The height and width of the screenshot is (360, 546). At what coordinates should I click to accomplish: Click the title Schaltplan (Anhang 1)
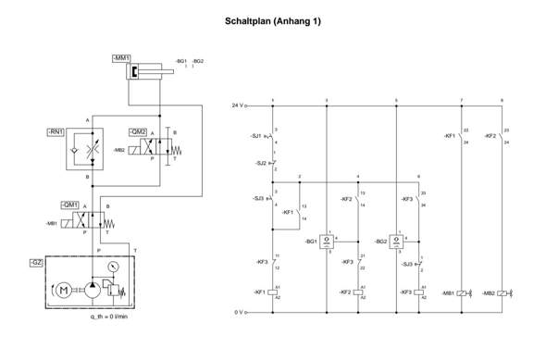coord(273,20)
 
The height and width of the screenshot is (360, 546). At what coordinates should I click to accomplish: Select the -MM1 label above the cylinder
coord(120,58)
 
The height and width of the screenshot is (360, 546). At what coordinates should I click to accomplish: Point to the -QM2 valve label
coord(138,131)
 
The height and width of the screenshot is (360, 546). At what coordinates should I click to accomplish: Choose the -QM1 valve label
coord(69,204)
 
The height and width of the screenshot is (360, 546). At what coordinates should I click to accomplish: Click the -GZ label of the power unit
coord(36,263)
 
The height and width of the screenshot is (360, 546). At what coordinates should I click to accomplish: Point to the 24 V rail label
coord(237,106)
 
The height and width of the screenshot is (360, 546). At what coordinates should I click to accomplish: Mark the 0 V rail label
coord(238,312)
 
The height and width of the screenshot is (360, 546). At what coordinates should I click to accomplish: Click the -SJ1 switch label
coord(256,136)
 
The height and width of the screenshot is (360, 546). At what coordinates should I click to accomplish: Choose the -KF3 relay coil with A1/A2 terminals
coord(418,292)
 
